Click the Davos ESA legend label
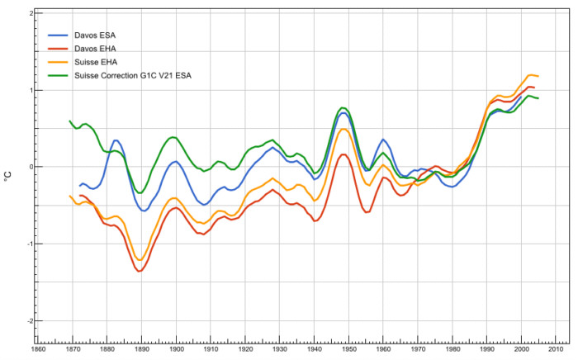pyautogui.click(x=95, y=36)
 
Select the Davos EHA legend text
pyautogui.click(x=95, y=49)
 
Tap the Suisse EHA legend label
pyautogui.click(x=96, y=62)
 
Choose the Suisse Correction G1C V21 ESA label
pyautogui.click(x=133, y=75)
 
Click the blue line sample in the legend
pyautogui.click(x=58, y=36)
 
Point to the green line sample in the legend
pyautogui.click(x=58, y=75)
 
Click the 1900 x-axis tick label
pyautogui.click(x=176, y=349)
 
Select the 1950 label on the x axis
pyautogui.click(x=348, y=349)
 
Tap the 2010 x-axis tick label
pyautogui.click(x=556, y=349)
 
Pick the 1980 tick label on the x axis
pyautogui.click(x=452, y=349)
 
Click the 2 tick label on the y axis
pyautogui.click(x=31, y=14)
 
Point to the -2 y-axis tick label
pyautogui.click(x=31, y=321)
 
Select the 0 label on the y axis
pyautogui.click(x=31, y=167)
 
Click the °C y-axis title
pyautogui.click(x=8, y=177)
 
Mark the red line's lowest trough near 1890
pyautogui.click(x=140, y=271)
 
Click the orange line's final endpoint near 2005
pyautogui.click(x=538, y=76)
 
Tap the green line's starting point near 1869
pyautogui.click(x=69, y=121)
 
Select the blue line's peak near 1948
pyautogui.click(x=343, y=113)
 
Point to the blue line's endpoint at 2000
pyautogui.click(x=521, y=97)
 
